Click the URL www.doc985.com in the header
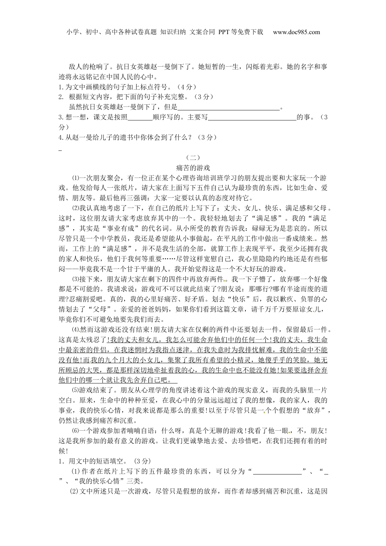pos(296,32)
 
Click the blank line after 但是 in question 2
pos(229,108)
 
